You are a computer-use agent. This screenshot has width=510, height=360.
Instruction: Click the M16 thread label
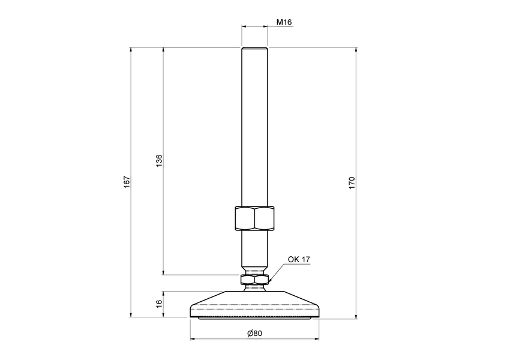pyautogui.click(x=284, y=22)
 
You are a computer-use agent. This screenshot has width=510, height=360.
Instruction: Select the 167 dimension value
pyautogui.click(x=127, y=182)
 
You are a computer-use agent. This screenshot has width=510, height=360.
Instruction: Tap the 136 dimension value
pyautogui.click(x=159, y=160)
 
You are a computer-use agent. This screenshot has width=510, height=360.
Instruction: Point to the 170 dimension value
pyautogui.click(x=352, y=182)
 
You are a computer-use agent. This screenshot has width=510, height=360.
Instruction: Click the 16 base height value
pyautogui.click(x=159, y=304)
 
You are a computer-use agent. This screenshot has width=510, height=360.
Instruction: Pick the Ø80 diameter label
pyautogui.click(x=253, y=334)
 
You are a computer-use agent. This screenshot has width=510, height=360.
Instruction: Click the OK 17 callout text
pyautogui.click(x=298, y=259)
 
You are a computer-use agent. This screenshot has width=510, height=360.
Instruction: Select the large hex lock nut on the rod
pyautogui.click(x=254, y=218)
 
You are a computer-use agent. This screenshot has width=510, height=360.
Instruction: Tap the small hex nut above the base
pyautogui.click(x=254, y=279)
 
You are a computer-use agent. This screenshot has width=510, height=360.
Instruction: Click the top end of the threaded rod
pyautogui.click(x=254, y=50)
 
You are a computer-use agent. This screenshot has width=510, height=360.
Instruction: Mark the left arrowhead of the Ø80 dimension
pyautogui.click(x=193, y=339)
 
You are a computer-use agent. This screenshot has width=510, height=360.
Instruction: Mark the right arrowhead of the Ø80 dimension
pyautogui.click(x=317, y=339)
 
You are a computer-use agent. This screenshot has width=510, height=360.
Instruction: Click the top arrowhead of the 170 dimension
pyautogui.click(x=356, y=49)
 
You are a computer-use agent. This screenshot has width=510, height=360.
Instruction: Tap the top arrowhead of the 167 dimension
pyautogui.click(x=131, y=49)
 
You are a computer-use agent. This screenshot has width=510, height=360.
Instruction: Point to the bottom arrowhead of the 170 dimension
pyautogui.click(x=356, y=318)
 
